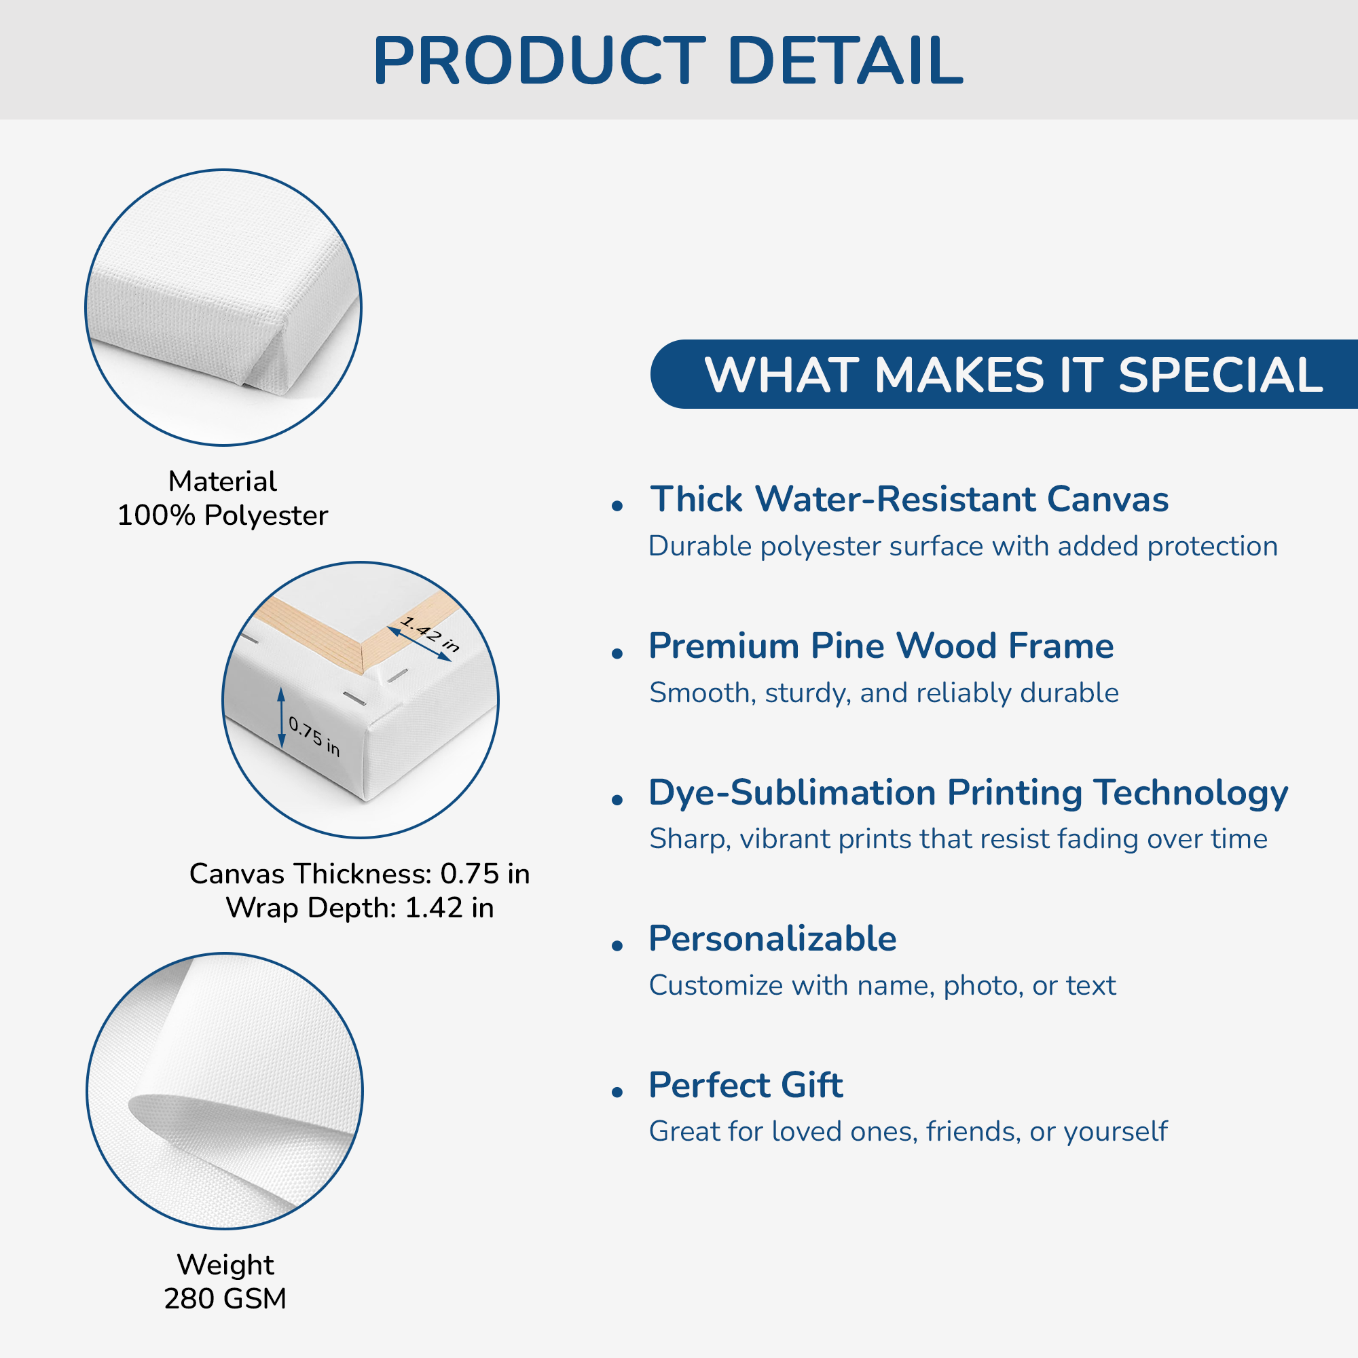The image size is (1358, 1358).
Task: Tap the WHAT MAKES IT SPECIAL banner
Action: (x=1004, y=374)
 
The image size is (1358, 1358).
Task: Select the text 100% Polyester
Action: (x=223, y=516)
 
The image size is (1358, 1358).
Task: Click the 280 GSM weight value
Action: (x=225, y=1298)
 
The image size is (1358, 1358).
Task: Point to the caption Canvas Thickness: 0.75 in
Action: (x=360, y=874)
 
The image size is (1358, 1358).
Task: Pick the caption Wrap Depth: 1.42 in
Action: (x=360, y=907)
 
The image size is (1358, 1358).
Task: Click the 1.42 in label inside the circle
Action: (x=430, y=634)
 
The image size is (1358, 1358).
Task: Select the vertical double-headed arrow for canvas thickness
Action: (x=281, y=718)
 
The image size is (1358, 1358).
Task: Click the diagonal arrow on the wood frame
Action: (x=420, y=644)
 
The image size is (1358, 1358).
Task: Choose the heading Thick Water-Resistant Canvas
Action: (x=909, y=499)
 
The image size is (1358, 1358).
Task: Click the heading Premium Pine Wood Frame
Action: (x=881, y=645)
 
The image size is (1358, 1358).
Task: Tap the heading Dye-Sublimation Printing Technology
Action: (x=968, y=793)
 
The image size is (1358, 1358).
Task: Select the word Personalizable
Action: (x=773, y=938)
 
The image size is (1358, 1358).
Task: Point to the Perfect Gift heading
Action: (x=746, y=1084)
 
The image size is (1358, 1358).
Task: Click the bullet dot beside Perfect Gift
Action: (x=618, y=1092)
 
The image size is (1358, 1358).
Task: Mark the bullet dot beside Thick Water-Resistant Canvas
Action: (x=618, y=505)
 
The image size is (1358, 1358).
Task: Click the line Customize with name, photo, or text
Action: (x=882, y=985)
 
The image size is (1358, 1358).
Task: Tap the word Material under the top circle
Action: (x=223, y=481)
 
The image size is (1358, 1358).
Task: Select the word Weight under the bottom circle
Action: (x=225, y=1265)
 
